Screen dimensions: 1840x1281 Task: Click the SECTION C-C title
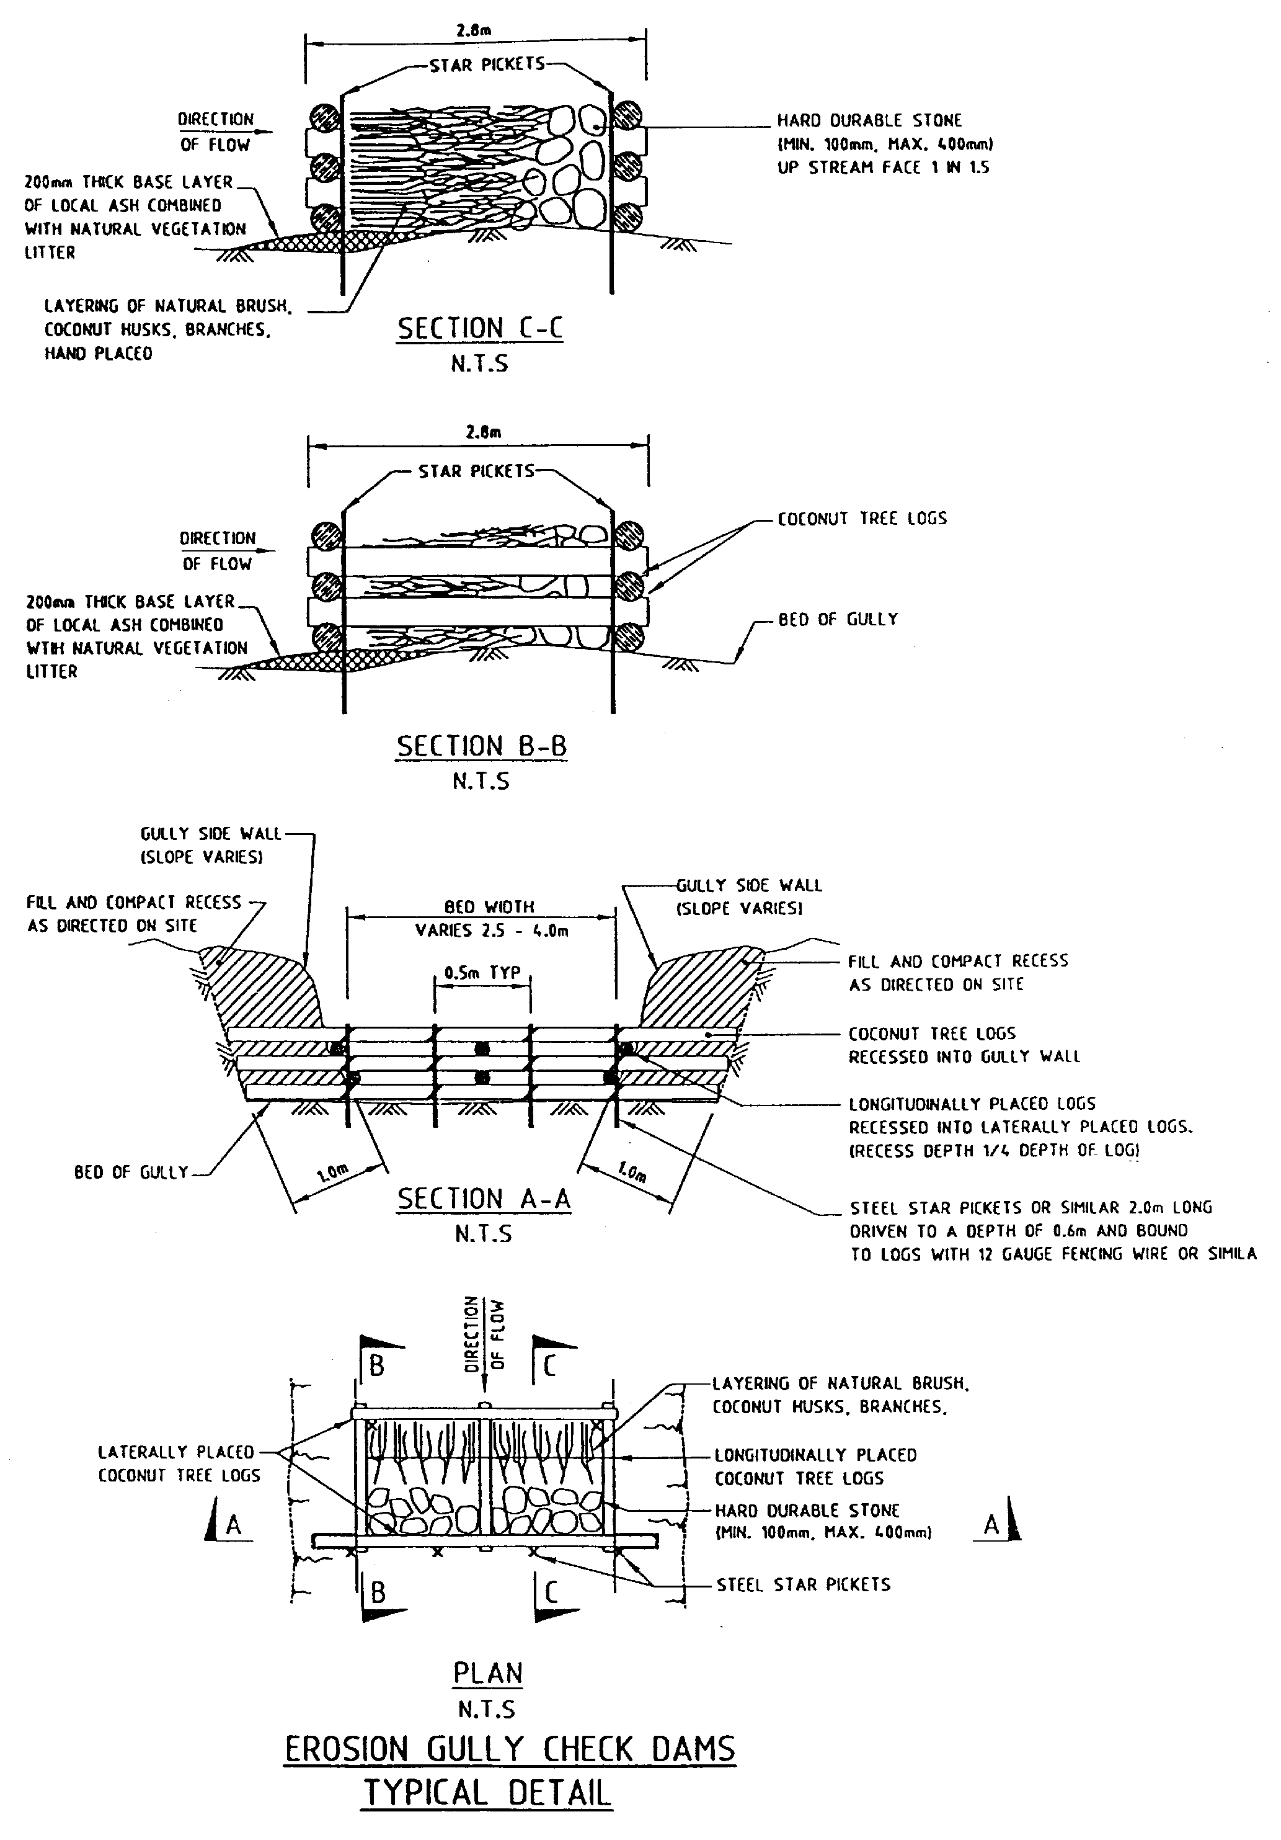[x=480, y=329]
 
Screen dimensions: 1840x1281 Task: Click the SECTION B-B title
[x=482, y=746]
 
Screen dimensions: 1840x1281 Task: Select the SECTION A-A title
[x=484, y=1199]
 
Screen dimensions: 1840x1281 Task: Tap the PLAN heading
[x=488, y=1673]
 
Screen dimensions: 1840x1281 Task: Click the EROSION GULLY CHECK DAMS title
[x=510, y=1749]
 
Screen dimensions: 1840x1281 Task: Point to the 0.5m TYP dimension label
[x=482, y=973]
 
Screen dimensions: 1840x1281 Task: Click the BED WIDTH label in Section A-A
[x=489, y=906]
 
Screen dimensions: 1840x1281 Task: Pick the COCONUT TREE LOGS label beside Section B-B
[x=862, y=519]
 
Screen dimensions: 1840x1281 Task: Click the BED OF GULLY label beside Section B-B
[x=838, y=619]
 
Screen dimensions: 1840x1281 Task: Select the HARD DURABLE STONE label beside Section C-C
[x=869, y=120]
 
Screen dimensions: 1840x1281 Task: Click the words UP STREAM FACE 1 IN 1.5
[x=883, y=167]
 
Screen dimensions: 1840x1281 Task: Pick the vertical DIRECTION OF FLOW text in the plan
[x=485, y=1334]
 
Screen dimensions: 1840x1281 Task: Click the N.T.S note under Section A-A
[x=483, y=1233]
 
